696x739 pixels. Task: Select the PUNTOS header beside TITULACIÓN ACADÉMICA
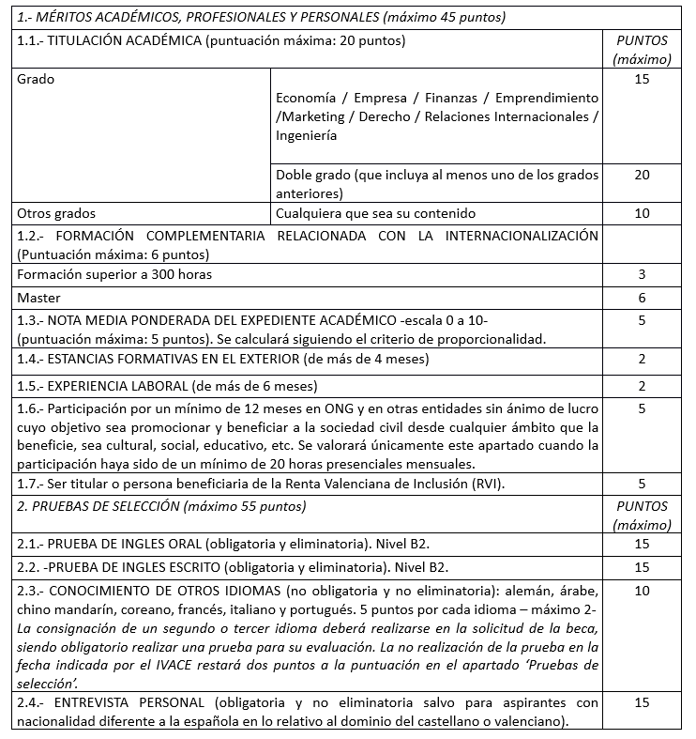(642, 41)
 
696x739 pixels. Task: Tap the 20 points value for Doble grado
(642, 175)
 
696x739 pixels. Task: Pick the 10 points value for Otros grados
(642, 213)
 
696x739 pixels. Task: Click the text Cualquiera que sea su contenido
(375, 213)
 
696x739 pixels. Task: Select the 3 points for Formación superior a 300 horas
(642, 274)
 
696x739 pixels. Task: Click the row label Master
(38, 298)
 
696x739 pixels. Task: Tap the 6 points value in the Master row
(642, 298)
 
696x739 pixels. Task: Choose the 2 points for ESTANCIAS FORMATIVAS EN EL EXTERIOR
(642, 360)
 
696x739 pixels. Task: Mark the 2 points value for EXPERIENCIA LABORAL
(642, 385)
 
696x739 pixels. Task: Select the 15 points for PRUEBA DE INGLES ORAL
(642, 544)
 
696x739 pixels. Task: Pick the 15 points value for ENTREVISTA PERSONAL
(642, 701)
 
